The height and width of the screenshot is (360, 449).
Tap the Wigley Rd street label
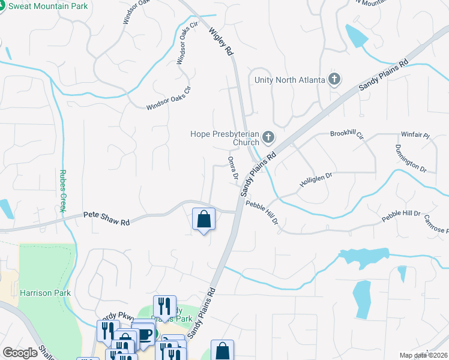[221, 41]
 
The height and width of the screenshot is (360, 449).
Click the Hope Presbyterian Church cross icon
[268, 139]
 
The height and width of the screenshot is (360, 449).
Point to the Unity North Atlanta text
[289, 80]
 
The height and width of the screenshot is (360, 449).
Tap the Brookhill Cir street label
[347, 134]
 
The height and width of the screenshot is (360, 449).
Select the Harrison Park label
[45, 293]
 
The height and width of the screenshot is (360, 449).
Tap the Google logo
[20, 353]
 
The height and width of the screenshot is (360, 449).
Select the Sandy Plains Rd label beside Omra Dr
[259, 173]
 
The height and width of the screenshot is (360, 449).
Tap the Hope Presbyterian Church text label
[224, 139]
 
